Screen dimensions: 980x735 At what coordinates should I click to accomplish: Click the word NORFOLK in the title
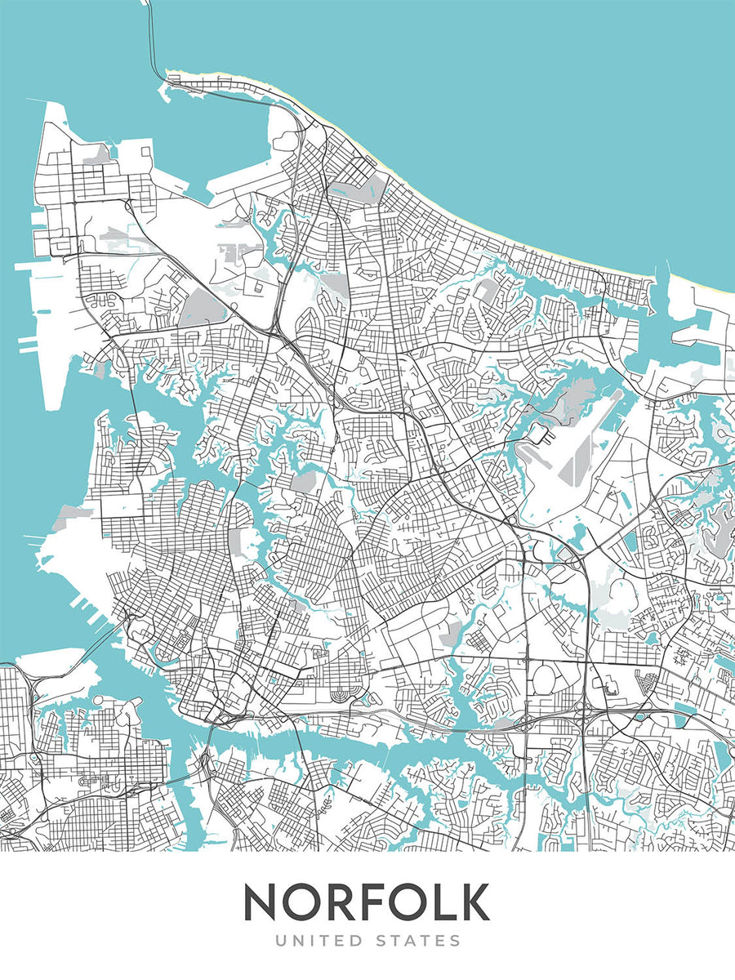[x=366, y=902]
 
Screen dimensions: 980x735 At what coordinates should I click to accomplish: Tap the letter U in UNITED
[x=281, y=942]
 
